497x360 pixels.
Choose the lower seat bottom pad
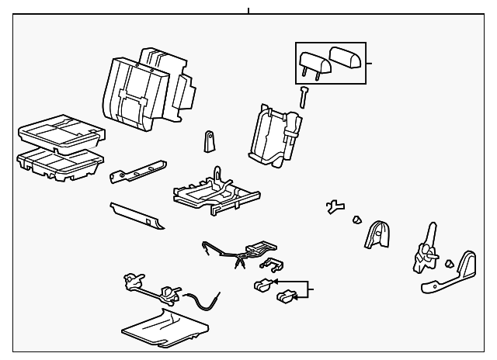[59, 163]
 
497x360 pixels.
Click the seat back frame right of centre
[275, 133]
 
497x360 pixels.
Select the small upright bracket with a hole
[209, 142]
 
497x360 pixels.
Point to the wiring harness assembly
[241, 252]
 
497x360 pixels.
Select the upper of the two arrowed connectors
[264, 284]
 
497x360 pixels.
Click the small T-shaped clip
[335, 207]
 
